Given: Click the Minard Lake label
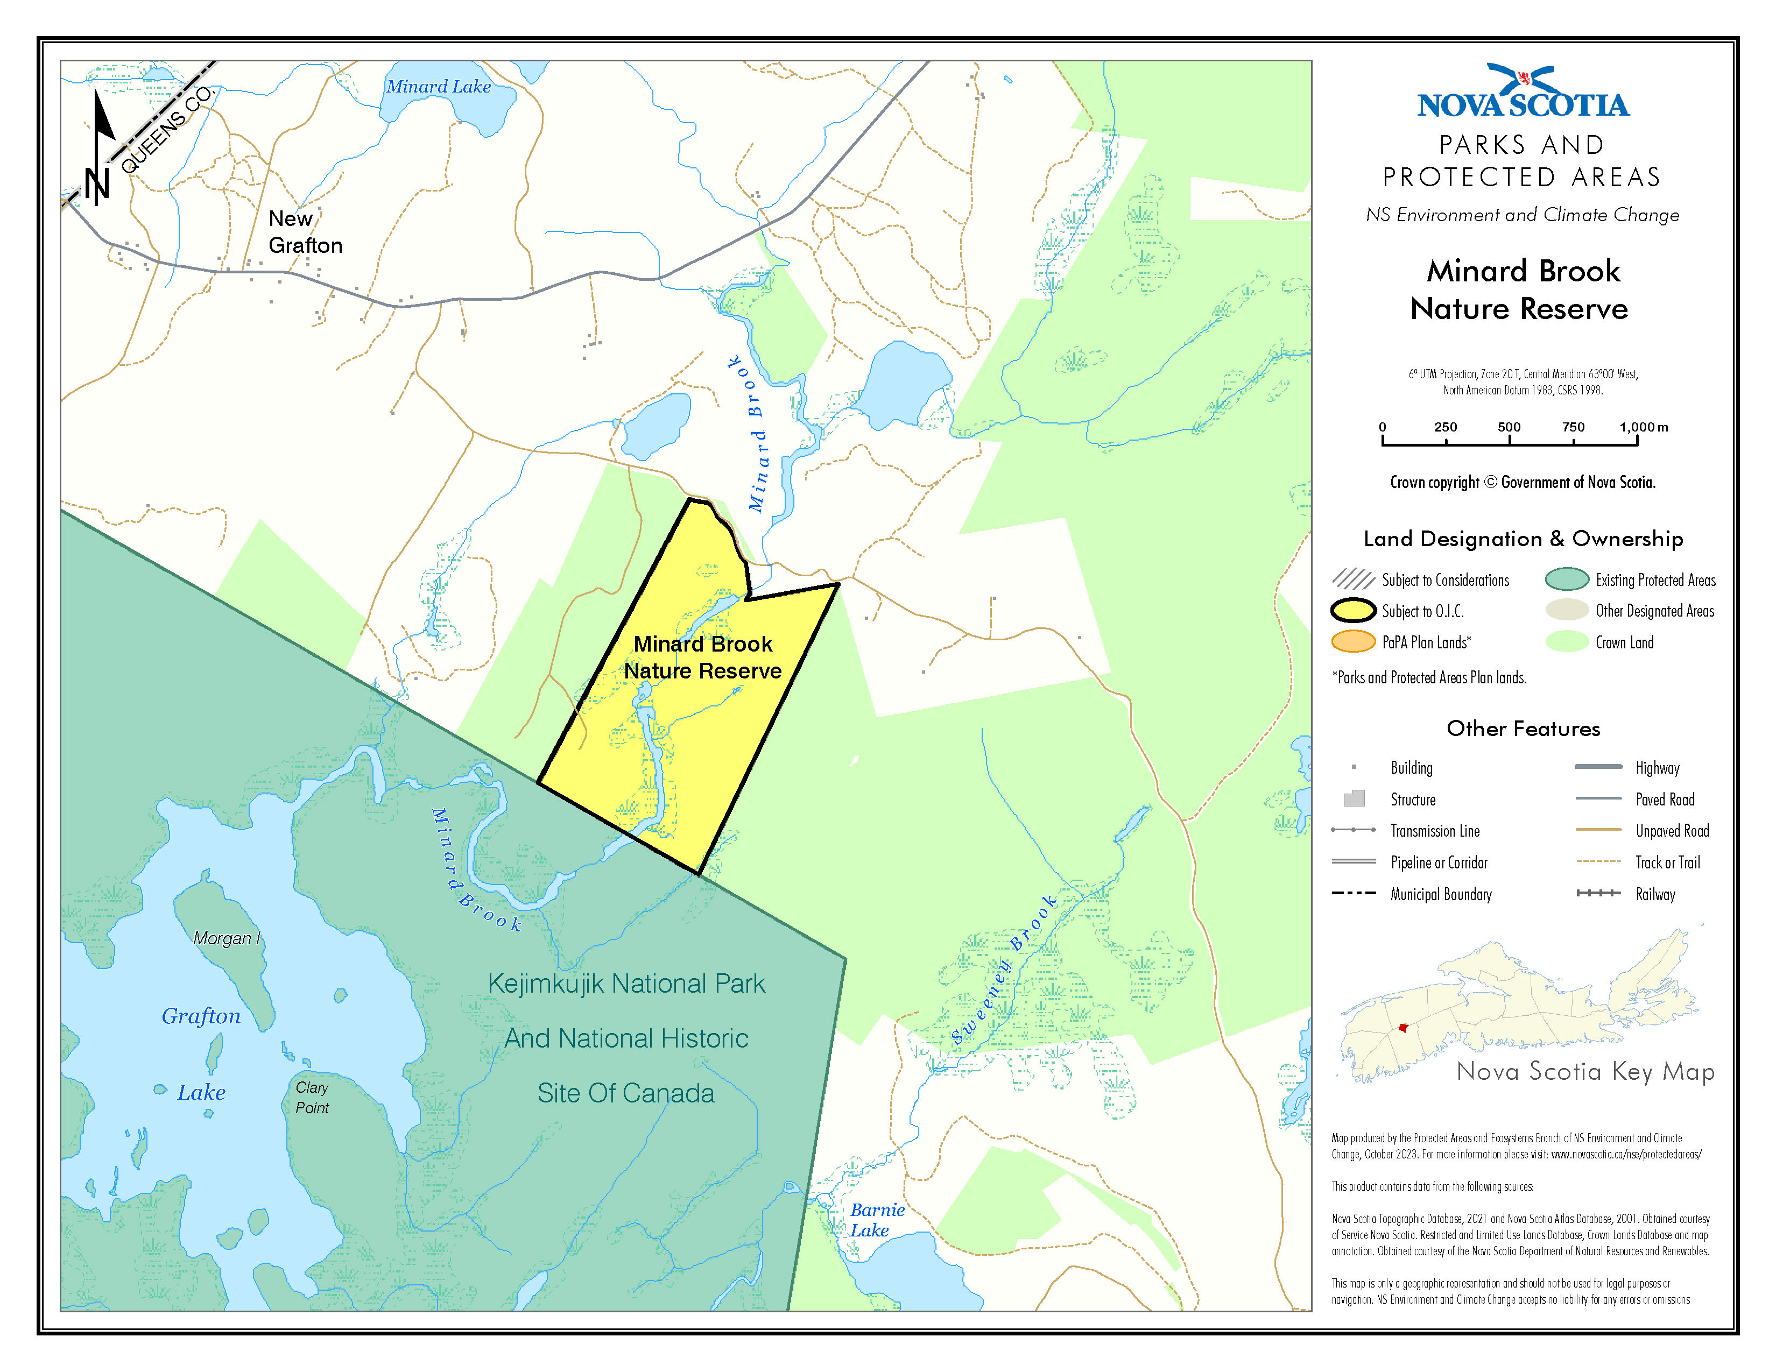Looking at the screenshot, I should coord(438,86).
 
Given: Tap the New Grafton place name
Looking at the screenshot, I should coord(305,232).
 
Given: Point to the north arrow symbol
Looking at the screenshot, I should coord(101,146).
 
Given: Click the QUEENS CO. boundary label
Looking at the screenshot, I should coord(167,130).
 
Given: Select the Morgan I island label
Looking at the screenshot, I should coord(227,938).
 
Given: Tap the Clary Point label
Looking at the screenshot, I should coord(312,1097).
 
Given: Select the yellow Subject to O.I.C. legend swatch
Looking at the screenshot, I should coord(1353,611).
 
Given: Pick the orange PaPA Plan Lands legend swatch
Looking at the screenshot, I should coord(1353,642).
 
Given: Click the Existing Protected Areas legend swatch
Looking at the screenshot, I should coord(1566,579).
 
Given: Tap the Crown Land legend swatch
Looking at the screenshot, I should coord(1566,642).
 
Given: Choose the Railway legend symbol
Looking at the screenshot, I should coord(1598,893).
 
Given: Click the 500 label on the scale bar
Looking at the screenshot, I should coord(1509,427).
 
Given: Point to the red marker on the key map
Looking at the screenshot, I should coord(1402,1028).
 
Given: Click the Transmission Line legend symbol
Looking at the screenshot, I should coord(1353,830).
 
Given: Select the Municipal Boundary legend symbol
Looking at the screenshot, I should coord(1353,893).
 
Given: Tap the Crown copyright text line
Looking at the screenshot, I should coord(1523,482).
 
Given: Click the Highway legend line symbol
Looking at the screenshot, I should coord(1598,767).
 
